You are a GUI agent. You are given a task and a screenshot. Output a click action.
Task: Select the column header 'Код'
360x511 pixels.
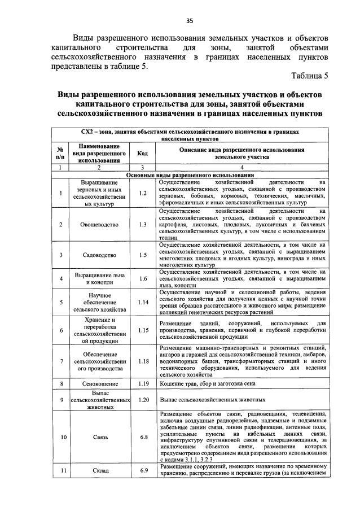(x=142, y=153)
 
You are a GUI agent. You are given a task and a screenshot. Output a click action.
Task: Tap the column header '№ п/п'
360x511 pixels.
(x=60, y=153)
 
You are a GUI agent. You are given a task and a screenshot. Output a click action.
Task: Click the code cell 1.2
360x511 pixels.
(x=142, y=193)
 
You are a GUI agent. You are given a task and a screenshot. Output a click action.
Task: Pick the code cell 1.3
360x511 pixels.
(x=142, y=224)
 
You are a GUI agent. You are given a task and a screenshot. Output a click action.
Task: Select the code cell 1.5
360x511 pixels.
(x=142, y=255)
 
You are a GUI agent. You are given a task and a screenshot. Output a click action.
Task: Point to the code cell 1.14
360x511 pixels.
(x=142, y=302)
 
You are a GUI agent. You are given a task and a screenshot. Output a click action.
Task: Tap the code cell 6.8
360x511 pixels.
(x=142, y=436)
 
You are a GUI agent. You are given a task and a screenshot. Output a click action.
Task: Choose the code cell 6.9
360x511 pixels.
(x=142, y=470)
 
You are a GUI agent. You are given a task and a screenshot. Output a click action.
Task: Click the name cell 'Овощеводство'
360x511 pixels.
(x=99, y=224)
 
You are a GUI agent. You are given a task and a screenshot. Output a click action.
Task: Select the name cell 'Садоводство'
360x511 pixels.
(x=99, y=255)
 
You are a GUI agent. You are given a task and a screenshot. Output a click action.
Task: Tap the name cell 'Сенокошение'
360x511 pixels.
(x=99, y=384)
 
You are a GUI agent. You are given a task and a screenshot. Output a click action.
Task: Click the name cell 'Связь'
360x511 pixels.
(x=99, y=436)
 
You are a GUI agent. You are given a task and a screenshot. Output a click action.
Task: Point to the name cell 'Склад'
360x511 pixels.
(x=99, y=470)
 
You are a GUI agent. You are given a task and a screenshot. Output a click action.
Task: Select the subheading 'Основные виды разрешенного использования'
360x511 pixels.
(x=190, y=176)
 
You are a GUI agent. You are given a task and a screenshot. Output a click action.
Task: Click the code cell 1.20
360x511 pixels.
(x=142, y=400)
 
